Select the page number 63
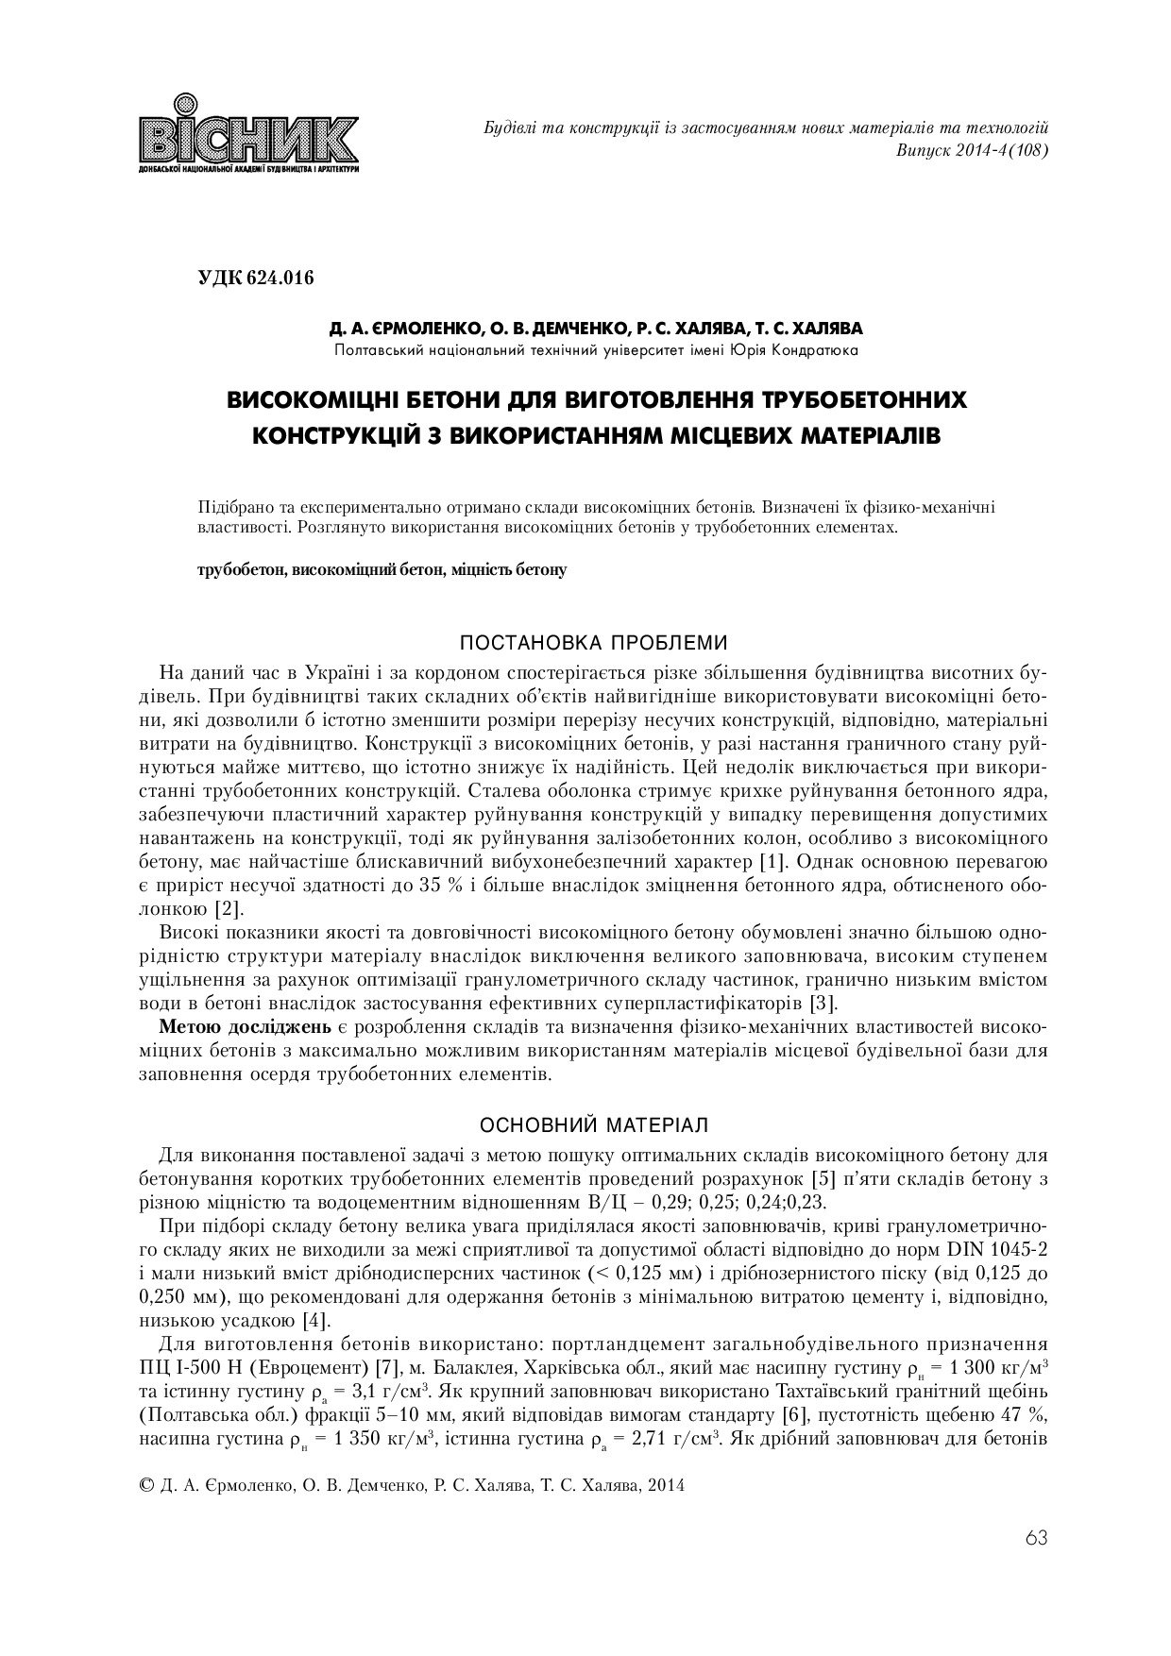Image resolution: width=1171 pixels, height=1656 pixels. click(1035, 1538)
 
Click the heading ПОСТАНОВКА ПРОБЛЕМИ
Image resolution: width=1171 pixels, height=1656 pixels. click(593, 644)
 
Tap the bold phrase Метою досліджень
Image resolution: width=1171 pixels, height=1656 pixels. click(246, 1026)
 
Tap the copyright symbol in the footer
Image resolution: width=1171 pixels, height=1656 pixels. click(146, 1485)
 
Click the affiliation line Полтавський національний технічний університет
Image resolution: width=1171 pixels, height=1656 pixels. click(596, 351)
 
